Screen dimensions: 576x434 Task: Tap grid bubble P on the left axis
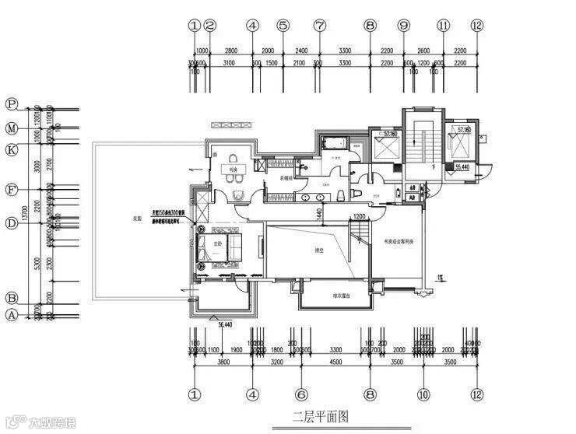pyautogui.click(x=12, y=104)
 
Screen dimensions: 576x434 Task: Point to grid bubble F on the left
pyautogui.click(x=12, y=189)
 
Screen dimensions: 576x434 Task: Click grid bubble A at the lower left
pyautogui.click(x=12, y=315)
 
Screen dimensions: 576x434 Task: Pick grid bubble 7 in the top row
pyautogui.click(x=319, y=25)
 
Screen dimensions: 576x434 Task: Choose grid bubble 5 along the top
pyautogui.click(x=283, y=25)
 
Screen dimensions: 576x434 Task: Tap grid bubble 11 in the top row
pyautogui.click(x=444, y=25)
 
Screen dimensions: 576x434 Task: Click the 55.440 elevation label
pyautogui.click(x=462, y=166)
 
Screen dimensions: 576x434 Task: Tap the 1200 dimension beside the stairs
pyautogui.click(x=359, y=216)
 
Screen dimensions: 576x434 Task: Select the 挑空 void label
pyautogui.click(x=297, y=250)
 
